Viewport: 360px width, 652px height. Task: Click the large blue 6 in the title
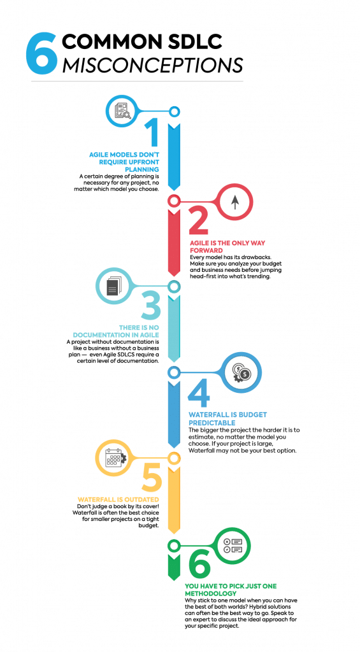(x=41, y=53)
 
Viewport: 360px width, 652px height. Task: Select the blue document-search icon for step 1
(x=122, y=111)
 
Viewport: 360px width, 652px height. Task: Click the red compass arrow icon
(x=235, y=202)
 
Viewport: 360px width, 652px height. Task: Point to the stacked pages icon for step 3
(x=112, y=286)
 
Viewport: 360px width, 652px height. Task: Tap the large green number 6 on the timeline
(x=199, y=565)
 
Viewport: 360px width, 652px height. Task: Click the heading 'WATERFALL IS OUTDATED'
(x=119, y=499)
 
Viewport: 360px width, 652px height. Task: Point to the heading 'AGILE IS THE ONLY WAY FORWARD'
(x=227, y=246)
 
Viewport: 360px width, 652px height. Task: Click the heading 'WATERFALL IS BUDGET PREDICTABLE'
(x=227, y=418)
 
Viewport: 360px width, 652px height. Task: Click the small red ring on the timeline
(x=174, y=201)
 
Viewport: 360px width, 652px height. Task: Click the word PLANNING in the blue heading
(x=142, y=169)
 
